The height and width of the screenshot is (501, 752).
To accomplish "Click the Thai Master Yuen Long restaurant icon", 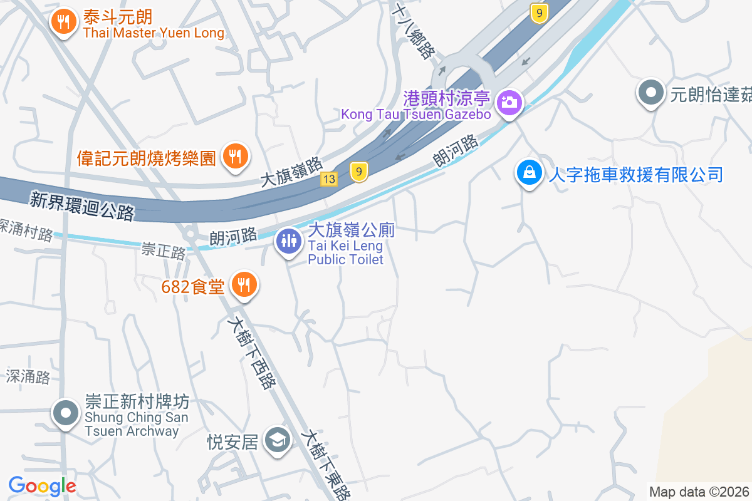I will pyautogui.click(x=63, y=22).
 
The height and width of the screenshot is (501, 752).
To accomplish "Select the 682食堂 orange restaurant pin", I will pyautogui.click(x=244, y=285).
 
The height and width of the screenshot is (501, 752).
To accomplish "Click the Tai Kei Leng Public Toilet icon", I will pyautogui.click(x=288, y=240).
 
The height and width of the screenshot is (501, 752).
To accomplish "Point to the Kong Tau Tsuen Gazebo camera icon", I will pyautogui.click(x=510, y=102).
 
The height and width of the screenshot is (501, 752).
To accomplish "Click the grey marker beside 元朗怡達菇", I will pyautogui.click(x=651, y=94).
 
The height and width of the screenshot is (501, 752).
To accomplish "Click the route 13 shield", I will pyautogui.click(x=330, y=180).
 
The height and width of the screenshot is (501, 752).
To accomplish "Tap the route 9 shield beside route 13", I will pyautogui.click(x=358, y=172).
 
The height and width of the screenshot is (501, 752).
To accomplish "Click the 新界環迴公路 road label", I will pyautogui.click(x=81, y=206).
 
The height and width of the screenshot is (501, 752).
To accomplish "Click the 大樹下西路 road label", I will pyautogui.click(x=251, y=352).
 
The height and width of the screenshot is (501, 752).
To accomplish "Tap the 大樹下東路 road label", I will pyautogui.click(x=325, y=463).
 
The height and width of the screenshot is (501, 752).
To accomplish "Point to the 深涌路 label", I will pyautogui.click(x=28, y=376).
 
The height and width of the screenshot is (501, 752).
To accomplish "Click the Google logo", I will pyautogui.click(x=42, y=486).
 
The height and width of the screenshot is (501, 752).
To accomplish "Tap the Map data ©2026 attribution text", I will pyautogui.click(x=699, y=492).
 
